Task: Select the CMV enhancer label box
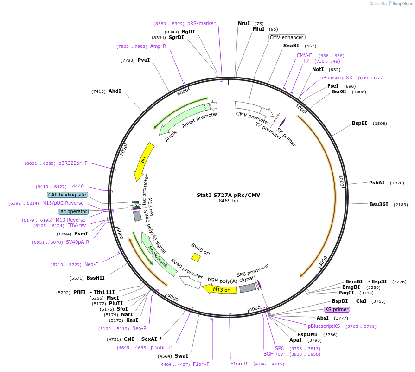point(287,37)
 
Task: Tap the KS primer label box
point(337,309)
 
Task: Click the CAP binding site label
point(67,195)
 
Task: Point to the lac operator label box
point(73,211)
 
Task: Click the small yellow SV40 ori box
point(196,257)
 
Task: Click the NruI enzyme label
point(244,23)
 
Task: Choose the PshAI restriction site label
point(377,183)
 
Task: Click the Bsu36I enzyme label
point(378,204)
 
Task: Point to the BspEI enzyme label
point(359,123)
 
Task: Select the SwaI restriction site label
point(181,356)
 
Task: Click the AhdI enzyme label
point(115,91)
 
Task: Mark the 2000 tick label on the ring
point(341,182)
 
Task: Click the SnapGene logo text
point(402,4)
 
